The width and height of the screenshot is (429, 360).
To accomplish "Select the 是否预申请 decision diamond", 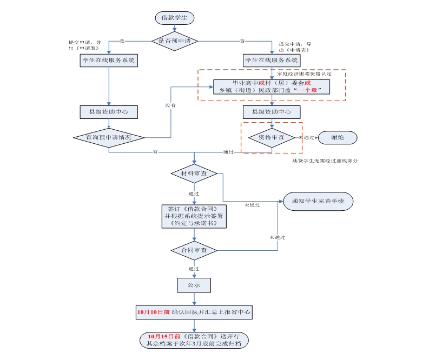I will pyautogui.click(x=174, y=41).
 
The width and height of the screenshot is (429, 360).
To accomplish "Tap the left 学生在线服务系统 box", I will pyautogui.click(x=109, y=60).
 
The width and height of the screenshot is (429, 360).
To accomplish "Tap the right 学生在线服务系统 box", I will pyautogui.click(x=271, y=60).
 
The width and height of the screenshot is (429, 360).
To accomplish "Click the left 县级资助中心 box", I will pyautogui.click(x=109, y=112).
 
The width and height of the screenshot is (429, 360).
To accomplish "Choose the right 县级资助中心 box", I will pyautogui.click(x=271, y=112).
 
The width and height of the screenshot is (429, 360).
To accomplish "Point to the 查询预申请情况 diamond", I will pyautogui.click(x=109, y=137).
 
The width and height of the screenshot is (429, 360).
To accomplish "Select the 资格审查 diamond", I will pyautogui.click(x=272, y=137).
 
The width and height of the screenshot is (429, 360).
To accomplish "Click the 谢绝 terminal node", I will pyautogui.click(x=338, y=137).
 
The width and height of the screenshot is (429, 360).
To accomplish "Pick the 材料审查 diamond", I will pyautogui.click(x=194, y=174).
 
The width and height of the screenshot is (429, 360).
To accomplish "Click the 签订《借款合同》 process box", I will pyautogui.click(x=194, y=216).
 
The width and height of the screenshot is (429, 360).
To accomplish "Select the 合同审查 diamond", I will pyautogui.click(x=194, y=250).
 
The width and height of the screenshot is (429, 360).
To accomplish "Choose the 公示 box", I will pyautogui.click(x=194, y=284).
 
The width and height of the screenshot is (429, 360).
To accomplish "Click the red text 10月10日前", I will pyautogui.click(x=153, y=312).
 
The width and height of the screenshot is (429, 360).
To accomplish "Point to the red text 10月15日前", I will pyautogui.click(x=163, y=336).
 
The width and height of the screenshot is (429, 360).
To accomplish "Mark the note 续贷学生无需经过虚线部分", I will pyautogui.click(x=325, y=161).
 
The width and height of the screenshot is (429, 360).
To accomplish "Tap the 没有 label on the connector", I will pyautogui.click(x=170, y=105).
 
